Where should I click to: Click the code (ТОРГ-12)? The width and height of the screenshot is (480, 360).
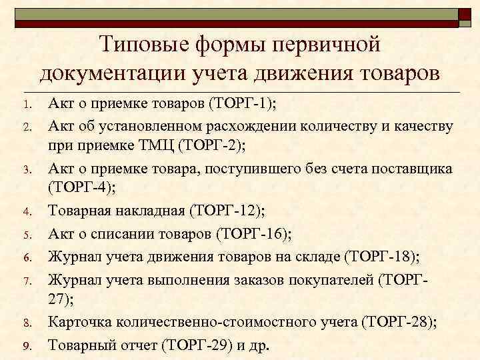(227, 211)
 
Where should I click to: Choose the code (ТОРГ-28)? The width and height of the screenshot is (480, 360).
(399, 323)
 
